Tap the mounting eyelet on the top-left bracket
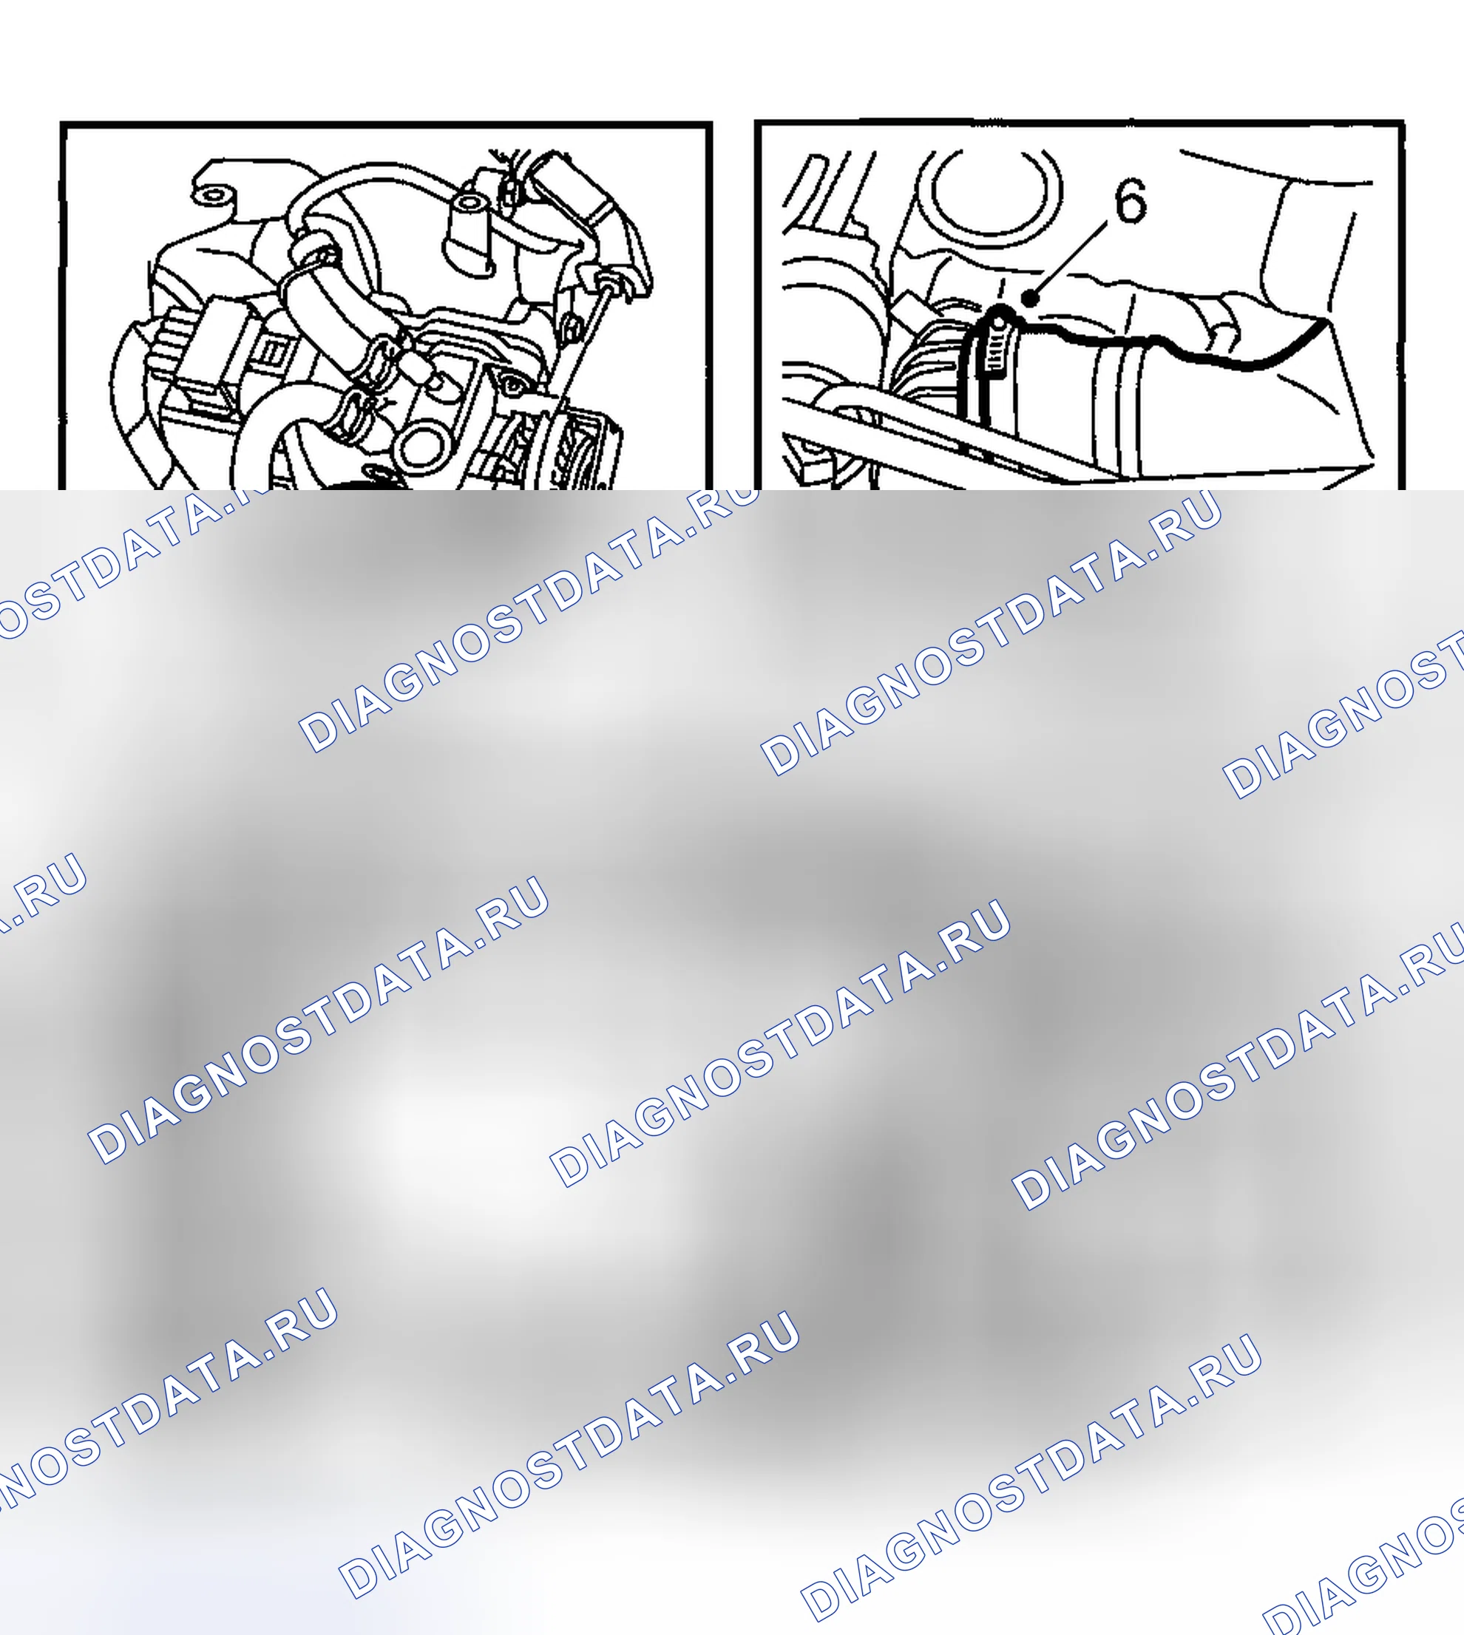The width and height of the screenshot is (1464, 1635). pos(211,193)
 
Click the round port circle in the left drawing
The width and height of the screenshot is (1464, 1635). pos(422,447)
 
